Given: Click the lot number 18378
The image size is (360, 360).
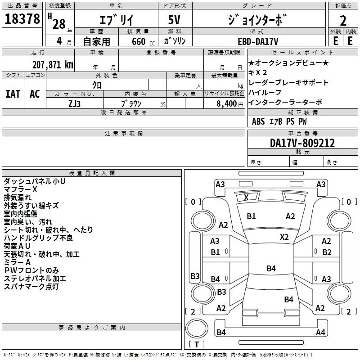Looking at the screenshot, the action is (22, 19).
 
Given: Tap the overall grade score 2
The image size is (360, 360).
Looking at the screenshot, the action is (343, 21).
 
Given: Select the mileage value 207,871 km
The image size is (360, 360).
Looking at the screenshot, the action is (53, 65).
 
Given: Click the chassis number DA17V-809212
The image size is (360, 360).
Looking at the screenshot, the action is (302, 143).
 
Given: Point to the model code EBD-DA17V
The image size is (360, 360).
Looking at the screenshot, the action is (258, 41).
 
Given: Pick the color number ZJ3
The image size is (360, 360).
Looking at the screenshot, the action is (74, 104).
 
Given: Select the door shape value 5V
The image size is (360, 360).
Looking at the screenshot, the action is (174, 20).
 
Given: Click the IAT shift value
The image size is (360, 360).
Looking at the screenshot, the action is (13, 94).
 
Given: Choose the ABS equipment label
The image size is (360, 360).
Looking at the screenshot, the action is (258, 121).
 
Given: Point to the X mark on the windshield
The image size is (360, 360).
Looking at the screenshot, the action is (246, 197).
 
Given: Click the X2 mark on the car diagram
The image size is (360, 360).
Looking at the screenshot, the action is (284, 237).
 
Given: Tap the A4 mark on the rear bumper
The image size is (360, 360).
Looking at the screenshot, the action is (320, 332).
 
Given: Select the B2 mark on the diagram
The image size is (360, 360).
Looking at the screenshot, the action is (327, 252).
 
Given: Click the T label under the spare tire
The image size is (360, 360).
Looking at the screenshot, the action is (197, 344).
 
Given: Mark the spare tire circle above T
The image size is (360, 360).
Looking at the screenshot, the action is (197, 328).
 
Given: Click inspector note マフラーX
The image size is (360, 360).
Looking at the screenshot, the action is (20, 189).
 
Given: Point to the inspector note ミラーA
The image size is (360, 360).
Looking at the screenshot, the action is (17, 262).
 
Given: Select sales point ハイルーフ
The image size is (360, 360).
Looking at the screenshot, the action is (265, 92).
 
